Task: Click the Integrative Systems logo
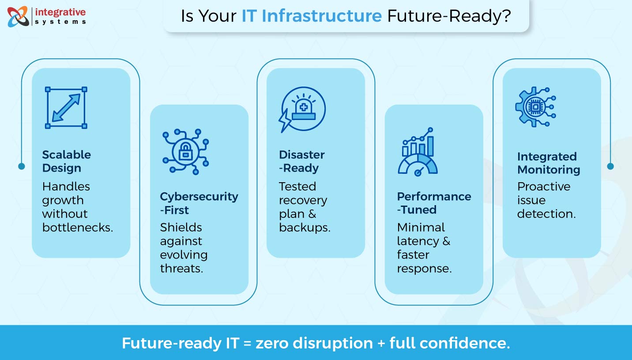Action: [46, 16]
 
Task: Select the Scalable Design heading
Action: [66, 161]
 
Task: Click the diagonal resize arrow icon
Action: [66, 108]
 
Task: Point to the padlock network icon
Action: [185, 151]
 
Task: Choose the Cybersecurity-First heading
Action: [199, 203]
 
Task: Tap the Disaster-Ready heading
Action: [302, 161]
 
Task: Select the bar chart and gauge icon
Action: [418, 151]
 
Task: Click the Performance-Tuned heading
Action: [434, 203]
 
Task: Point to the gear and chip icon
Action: [535, 107]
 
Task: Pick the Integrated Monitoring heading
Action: [548, 163]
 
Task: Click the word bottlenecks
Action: [78, 228]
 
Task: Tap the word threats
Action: [181, 269]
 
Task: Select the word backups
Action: [305, 228]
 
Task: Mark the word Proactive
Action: [544, 187]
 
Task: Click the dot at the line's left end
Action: [22, 166]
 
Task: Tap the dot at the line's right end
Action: [610, 166]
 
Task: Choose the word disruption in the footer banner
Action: [314, 343]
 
